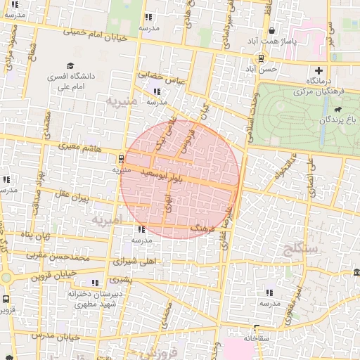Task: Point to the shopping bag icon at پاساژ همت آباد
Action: point(272,30)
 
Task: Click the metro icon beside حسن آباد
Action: point(261,58)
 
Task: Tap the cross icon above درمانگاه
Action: point(320,70)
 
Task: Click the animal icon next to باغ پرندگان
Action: point(338,110)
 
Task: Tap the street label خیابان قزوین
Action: point(53,276)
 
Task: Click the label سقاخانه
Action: point(257,338)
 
